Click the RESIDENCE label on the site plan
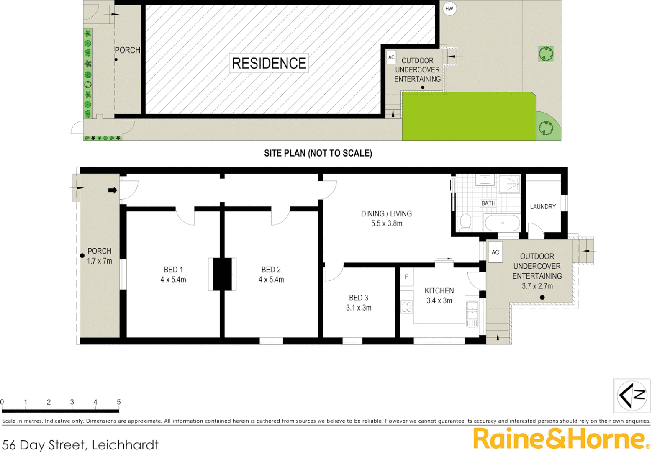tap(269, 63)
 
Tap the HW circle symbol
tap(449, 9)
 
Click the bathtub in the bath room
tap(502, 223)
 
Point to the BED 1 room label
tap(173, 270)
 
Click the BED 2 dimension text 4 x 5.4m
tap(271, 280)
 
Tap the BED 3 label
tap(359, 298)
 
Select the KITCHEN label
tap(439, 290)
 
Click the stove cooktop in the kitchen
tap(407, 307)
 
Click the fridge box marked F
tap(406, 277)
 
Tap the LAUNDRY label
tap(543, 207)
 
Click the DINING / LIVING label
tap(386, 213)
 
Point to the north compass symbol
tap(631, 395)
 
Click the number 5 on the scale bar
tap(119, 402)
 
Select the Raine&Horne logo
tap(559, 439)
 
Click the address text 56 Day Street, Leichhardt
tap(80, 444)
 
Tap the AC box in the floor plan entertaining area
tap(495, 252)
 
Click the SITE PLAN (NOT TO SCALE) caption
tap(318, 153)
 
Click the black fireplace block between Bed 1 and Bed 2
tap(222, 274)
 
